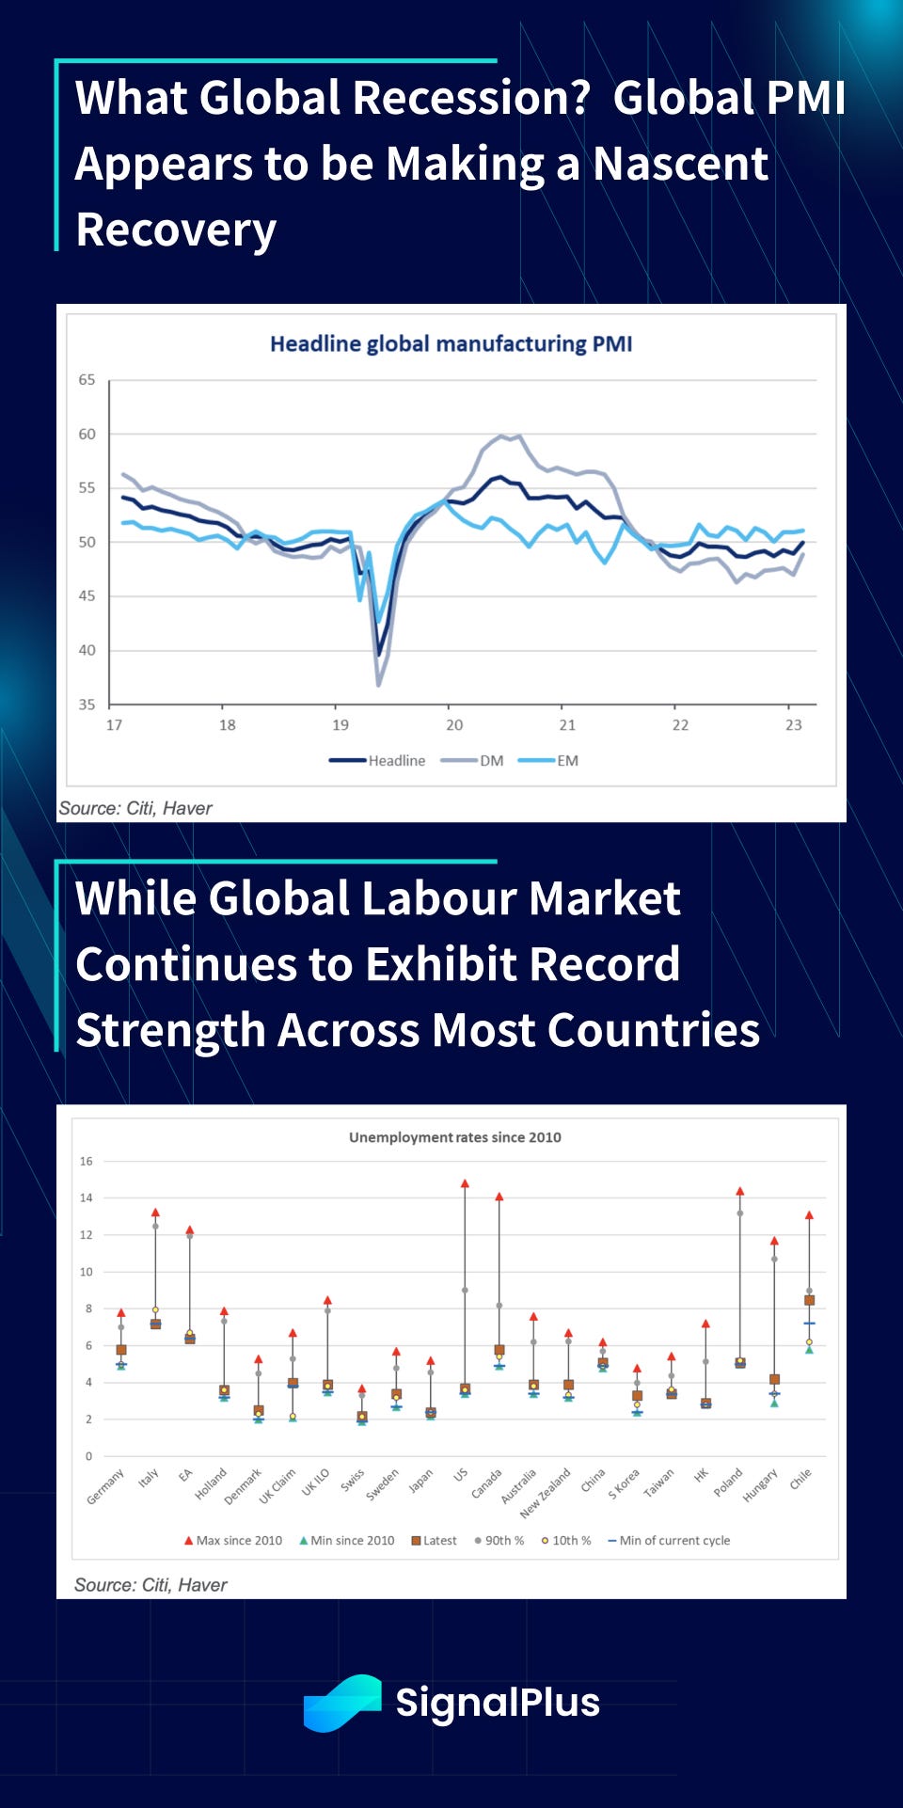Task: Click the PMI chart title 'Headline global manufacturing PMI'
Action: tap(451, 344)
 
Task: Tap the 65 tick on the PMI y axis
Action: tap(87, 380)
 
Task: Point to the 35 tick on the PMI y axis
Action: tap(87, 705)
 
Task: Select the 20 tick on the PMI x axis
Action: tap(454, 725)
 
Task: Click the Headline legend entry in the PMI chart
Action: tap(377, 760)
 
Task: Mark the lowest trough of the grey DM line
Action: tap(378, 684)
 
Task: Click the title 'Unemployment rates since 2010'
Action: tap(454, 1137)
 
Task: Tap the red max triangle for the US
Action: tap(465, 1183)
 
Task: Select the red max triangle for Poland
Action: tap(740, 1191)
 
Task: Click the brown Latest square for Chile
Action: tap(809, 1300)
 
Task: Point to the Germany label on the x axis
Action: tap(105, 1487)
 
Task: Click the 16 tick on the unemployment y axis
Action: tap(87, 1162)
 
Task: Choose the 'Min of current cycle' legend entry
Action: tap(669, 1541)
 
